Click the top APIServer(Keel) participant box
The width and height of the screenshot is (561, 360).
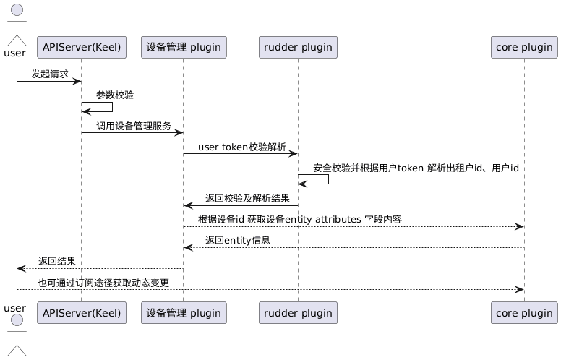coord(81,48)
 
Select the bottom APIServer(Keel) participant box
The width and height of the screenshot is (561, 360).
coord(81,313)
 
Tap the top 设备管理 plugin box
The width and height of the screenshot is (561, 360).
coord(184,48)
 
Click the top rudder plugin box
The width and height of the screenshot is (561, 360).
coord(298,48)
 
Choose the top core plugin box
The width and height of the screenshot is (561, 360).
coord(523,48)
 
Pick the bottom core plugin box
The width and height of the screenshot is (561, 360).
coord(523,313)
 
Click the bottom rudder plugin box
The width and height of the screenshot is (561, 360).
coord(298,313)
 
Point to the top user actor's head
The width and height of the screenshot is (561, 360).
coord(17,10)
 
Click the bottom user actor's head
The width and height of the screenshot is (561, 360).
coord(17,321)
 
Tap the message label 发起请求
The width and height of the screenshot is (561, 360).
coord(50,74)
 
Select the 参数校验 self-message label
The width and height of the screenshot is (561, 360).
coord(114,95)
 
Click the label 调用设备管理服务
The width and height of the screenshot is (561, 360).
coord(134,126)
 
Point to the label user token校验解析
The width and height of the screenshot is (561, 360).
coord(241,147)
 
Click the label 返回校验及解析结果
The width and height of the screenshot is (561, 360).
coord(247,198)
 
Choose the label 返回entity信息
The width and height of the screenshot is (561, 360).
coord(238,240)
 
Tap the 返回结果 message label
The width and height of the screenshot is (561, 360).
coord(57,261)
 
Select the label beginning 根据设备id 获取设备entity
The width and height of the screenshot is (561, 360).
coord(300,219)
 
